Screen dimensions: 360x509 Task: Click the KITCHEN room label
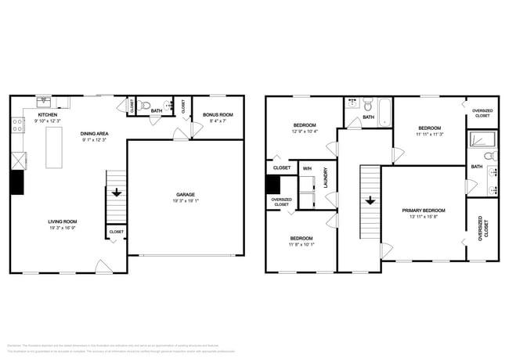tap(46, 114)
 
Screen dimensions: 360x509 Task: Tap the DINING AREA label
tap(94, 134)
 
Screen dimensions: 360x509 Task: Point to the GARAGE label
tap(185, 194)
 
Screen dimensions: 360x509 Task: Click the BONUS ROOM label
tap(218, 115)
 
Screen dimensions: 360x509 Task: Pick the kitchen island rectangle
tap(56, 146)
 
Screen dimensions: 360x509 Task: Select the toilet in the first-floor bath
tap(144, 104)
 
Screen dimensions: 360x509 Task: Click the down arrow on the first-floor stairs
tap(116, 192)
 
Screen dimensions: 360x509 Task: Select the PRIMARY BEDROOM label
tap(424, 211)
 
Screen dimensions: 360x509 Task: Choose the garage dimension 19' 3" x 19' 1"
tap(185, 200)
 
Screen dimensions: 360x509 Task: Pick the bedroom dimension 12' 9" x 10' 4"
tap(305, 131)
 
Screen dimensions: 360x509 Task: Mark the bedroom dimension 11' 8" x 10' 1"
tap(301, 244)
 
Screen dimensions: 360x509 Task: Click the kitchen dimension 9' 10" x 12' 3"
tap(46, 121)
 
